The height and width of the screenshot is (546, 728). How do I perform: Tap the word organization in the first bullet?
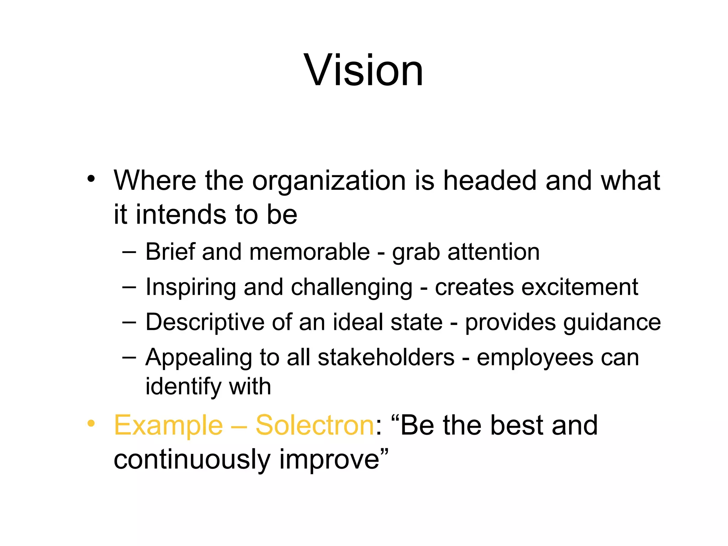point(329,181)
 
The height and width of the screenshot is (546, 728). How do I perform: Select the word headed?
point(490,181)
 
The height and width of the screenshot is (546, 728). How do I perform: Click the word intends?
point(181,214)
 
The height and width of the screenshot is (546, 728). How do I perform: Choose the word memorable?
point(310,252)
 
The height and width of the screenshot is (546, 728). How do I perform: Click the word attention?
point(493,252)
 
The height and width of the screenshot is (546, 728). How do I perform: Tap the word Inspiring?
point(191,287)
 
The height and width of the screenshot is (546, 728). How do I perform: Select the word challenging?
point(352,287)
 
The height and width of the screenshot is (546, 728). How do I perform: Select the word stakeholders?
point(386,357)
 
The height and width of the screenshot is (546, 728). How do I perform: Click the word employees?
point(535,357)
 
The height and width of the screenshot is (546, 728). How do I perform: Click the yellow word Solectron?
point(315,425)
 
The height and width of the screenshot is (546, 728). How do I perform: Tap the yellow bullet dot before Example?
point(91,423)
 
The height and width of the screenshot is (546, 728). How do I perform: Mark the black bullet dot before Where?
point(91,178)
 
